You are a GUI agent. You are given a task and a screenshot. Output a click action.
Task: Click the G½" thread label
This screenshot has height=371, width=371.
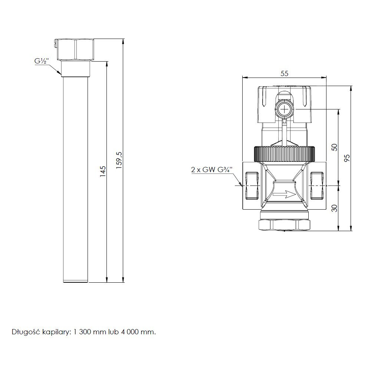42,61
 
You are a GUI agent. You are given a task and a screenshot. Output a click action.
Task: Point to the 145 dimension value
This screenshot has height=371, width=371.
102,171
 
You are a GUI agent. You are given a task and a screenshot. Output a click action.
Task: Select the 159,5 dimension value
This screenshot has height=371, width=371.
119,160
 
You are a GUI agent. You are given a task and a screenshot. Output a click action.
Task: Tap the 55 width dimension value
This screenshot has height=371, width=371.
285,73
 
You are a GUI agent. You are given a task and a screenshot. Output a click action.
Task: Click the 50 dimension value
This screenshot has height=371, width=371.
334,147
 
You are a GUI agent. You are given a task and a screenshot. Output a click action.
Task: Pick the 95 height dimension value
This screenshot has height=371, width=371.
347,158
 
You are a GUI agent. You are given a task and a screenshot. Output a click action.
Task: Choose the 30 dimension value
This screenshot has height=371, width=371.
334,208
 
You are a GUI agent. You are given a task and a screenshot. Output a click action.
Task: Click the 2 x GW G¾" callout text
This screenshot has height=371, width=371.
212,170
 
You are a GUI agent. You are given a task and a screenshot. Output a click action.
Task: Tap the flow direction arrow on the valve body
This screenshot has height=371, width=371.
284,194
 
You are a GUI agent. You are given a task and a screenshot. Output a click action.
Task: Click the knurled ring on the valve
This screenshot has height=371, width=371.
285,154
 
